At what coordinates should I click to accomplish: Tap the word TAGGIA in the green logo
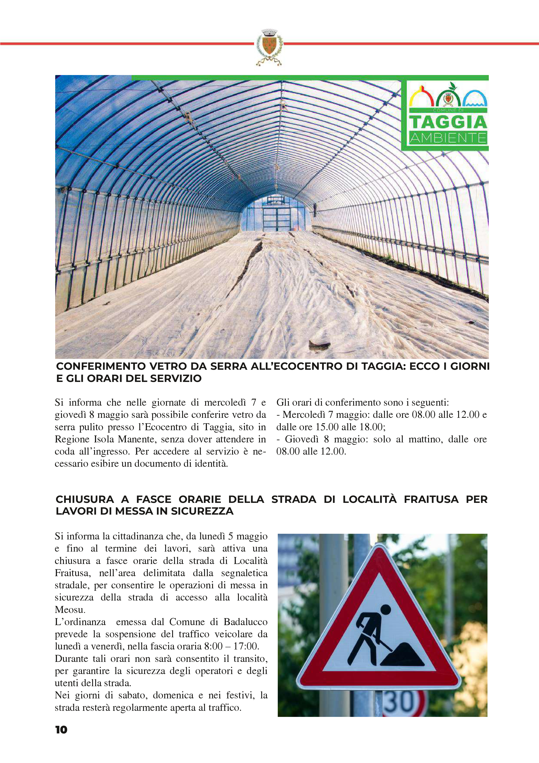point(448,122)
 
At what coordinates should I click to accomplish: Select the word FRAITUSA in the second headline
point(431,499)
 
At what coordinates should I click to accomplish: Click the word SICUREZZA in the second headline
point(202,511)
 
